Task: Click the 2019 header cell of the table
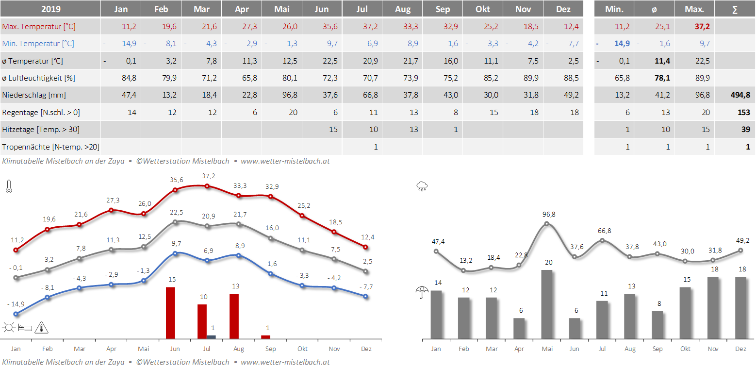pyautogui.click(x=50, y=9)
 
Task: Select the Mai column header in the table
pyautogui.click(x=281, y=9)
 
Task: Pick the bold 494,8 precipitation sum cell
pyautogui.click(x=740, y=95)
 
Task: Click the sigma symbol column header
pyautogui.click(x=735, y=9)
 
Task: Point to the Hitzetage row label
pyautogui.click(x=41, y=129)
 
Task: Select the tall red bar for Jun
pyautogui.click(x=170, y=313)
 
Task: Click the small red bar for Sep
pyautogui.click(x=265, y=336)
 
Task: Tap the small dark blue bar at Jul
pyautogui.click(x=211, y=336)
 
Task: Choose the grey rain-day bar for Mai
pyautogui.click(x=547, y=304)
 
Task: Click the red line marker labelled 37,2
pyautogui.click(x=207, y=186)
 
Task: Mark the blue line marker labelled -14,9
pyautogui.click(x=16, y=314)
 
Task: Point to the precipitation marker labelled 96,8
pyautogui.click(x=547, y=224)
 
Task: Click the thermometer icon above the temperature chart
pyautogui.click(x=9, y=186)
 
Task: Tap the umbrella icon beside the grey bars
pyautogui.click(x=422, y=292)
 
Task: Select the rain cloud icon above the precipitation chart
pyautogui.click(x=422, y=186)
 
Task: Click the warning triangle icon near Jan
pyautogui.click(x=42, y=327)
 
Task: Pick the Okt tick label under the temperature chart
pyautogui.click(x=302, y=349)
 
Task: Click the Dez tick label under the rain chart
pyautogui.click(x=740, y=349)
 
